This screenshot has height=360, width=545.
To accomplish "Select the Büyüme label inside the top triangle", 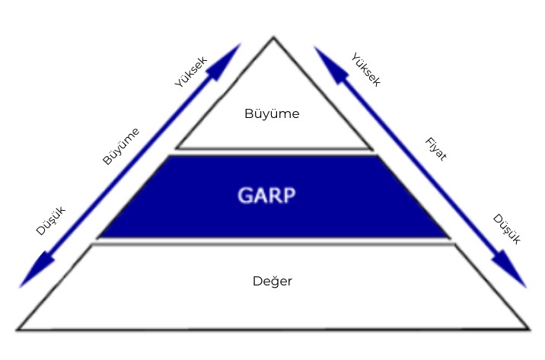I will coord(272,114).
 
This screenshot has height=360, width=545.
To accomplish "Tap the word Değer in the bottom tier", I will coord(272,281).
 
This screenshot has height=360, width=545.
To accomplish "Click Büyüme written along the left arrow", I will coord(121,145).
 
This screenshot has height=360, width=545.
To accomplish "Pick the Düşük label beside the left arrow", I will coord(51,221).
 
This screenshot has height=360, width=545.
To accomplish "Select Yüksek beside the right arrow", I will coord(365,69).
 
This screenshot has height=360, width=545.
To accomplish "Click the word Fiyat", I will coord(435,148).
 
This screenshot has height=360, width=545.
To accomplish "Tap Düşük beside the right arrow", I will coord(506,228).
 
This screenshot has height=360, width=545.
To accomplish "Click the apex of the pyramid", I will coord(273,37).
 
